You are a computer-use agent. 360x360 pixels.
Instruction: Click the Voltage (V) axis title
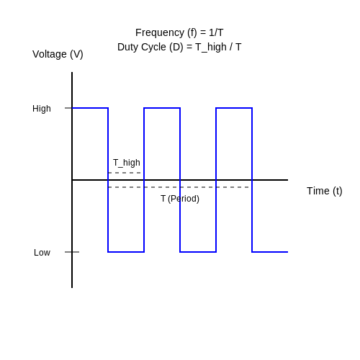[58, 55]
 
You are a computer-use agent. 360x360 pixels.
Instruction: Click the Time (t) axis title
[325, 192]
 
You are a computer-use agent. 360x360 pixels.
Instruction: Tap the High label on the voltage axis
[42, 109]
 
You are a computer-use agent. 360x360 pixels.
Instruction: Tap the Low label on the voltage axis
[42, 253]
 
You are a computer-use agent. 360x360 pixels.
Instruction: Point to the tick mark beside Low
[72, 252]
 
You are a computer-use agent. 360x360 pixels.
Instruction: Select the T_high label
[127, 163]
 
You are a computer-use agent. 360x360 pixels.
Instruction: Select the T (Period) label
[180, 199]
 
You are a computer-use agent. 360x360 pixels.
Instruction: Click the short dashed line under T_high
[125, 173]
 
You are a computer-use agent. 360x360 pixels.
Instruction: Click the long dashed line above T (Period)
[179, 187]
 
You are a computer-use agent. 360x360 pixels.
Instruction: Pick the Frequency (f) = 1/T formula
[179, 32]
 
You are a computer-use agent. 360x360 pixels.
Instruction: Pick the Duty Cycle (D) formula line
[179, 47]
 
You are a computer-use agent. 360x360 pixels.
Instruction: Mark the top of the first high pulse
[90, 108]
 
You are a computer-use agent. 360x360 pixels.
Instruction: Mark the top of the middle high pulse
[162, 108]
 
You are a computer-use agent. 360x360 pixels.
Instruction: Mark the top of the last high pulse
[234, 108]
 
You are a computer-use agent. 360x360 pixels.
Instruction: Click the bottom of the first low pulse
[126, 252]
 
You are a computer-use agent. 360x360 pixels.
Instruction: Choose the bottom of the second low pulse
[198, 252]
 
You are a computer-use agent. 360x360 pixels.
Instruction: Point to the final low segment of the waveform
[270, 252]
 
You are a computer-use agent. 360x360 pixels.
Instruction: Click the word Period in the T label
[184, 199]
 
